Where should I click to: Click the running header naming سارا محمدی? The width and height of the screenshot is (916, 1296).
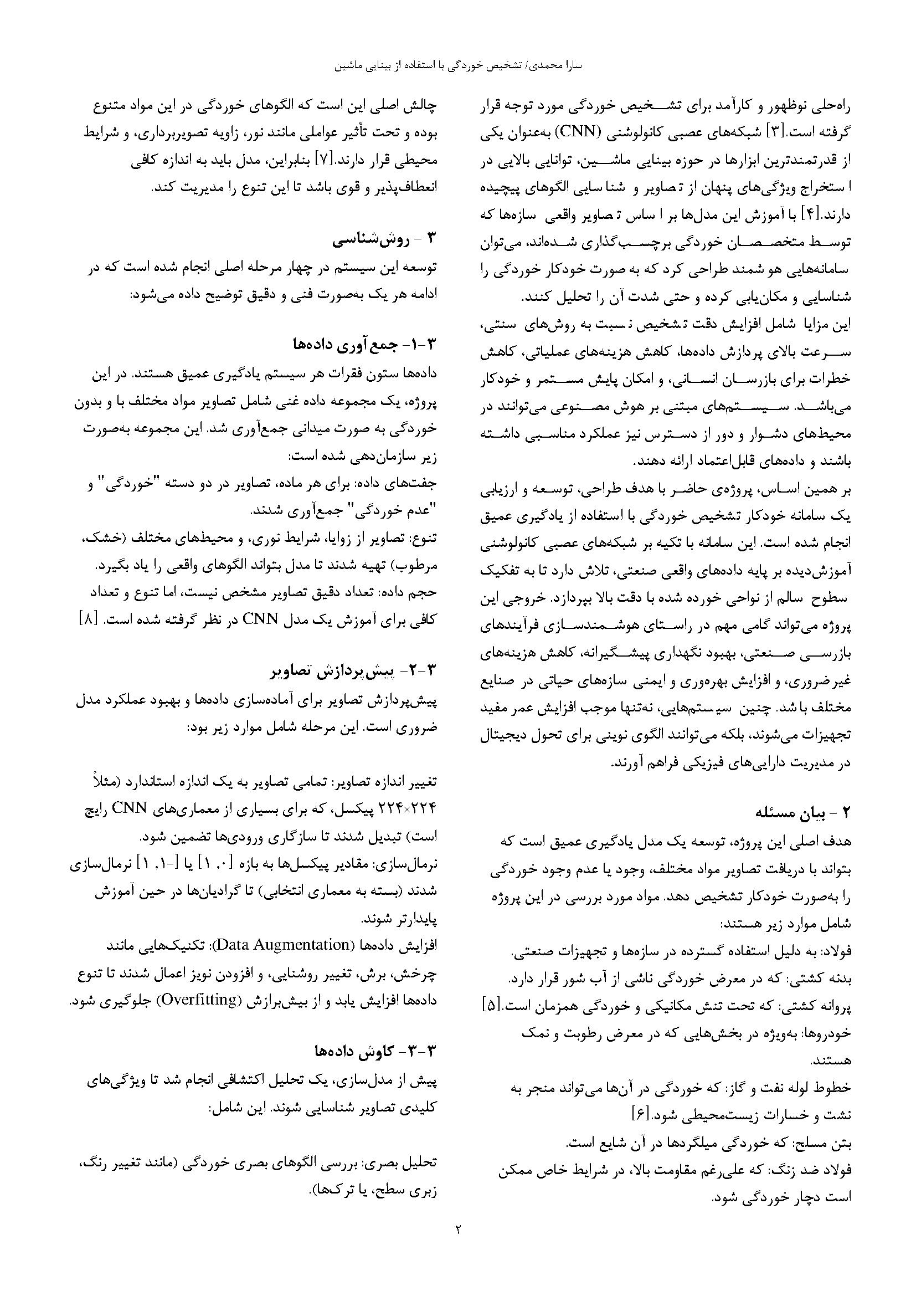(458, 65)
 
